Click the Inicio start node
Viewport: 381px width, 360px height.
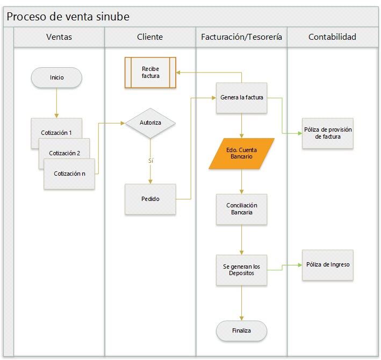click(56, 77)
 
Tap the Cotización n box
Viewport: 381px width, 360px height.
click(69, 173)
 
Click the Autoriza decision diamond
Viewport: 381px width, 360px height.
click(150, 123)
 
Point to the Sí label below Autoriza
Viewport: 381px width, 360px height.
click(150, 161)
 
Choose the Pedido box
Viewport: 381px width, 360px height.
click(150, 199)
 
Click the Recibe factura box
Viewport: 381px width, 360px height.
click(150, 72)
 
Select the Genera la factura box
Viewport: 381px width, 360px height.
click(241, 98)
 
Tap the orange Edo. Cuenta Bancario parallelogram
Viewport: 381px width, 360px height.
click(241, 153)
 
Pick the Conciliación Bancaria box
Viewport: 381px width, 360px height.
click(241, 209)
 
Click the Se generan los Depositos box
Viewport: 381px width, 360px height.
click(241, 270)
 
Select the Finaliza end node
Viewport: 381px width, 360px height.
click(241, 330)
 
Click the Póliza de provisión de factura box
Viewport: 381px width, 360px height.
click(328, 133)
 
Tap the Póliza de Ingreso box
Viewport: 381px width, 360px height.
click(328, 265)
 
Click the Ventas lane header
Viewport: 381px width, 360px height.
click(59, 37)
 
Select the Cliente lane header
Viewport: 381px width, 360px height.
click(150, 37)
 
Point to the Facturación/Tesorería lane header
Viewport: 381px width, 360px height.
click(241, 37)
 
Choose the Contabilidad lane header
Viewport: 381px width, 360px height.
click(332, 37)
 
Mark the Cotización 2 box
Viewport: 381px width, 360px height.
click(64, 152)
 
